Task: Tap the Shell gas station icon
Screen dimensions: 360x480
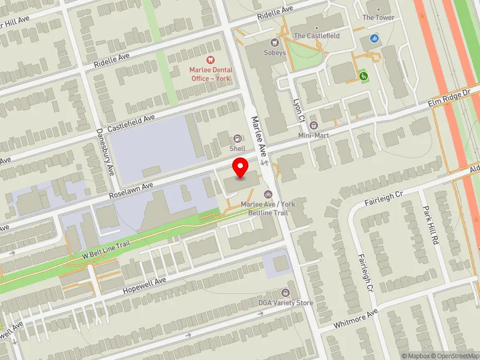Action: coord(237,139)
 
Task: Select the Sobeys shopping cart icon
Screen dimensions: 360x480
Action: coord(275,43)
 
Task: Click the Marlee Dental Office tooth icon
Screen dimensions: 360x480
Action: coord(210,59)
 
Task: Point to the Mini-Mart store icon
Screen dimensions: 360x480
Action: coord(314,125)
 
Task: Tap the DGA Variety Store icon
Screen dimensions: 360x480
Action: coord(285,293)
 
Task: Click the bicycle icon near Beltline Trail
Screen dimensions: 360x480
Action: coord(268,194)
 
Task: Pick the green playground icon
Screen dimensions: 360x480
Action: coord(363,76)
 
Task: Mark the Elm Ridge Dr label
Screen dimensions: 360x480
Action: coord(449,99)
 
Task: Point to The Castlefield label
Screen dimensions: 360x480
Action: coord(316,36)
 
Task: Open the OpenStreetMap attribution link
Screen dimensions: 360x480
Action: coord(455,356)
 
